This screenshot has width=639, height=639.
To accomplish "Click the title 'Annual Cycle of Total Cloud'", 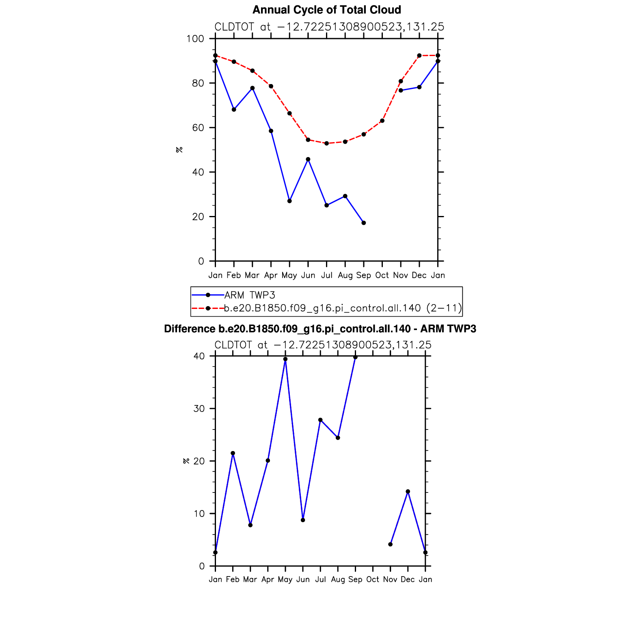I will [326, 10].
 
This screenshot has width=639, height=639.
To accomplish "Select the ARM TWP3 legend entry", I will [250, 295].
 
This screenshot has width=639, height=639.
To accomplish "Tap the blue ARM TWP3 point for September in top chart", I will [364, 223].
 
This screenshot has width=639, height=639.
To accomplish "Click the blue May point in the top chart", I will [289, 201].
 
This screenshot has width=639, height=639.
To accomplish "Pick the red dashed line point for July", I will [326, 143].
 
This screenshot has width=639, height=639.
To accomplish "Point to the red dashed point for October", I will [382, 121].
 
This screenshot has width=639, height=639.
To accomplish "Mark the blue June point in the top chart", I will [308, 159].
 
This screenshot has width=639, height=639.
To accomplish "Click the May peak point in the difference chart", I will [285, 359].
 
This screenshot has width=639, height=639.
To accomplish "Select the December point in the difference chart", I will [408, 492].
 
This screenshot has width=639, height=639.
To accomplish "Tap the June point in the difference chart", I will [303, 520].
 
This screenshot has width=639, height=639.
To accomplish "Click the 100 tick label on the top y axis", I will [195, 39].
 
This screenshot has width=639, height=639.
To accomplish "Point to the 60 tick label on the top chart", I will [198, 128].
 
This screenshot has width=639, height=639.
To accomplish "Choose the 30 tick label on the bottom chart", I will [199, 408].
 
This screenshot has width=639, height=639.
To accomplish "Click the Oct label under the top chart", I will [382, 275].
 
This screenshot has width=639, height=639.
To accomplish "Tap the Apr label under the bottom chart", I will [268, 579].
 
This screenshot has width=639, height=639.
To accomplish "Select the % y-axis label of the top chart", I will [179, 150].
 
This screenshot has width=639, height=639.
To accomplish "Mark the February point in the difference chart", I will [233, 453].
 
